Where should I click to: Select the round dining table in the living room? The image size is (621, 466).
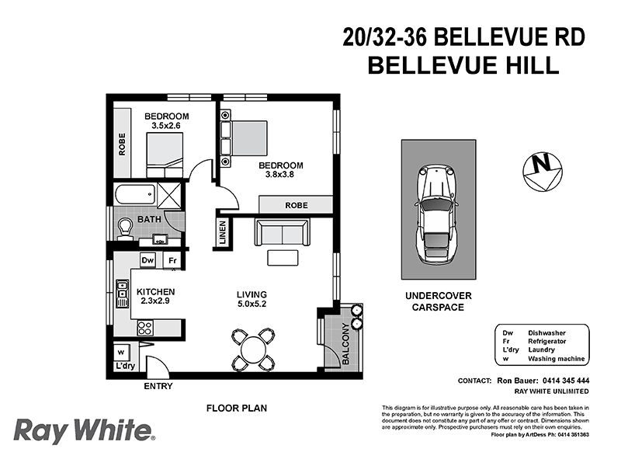click(253, 350)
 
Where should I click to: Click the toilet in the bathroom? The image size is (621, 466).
click(126, 228)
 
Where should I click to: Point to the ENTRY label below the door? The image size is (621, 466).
click(158, 386)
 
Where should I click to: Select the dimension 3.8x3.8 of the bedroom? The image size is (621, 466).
click(281, 175)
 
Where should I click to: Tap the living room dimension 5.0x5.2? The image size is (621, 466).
click(252, 304)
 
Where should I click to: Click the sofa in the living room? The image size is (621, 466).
click(281, 232)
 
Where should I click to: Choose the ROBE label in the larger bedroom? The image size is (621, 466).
click(296, 205)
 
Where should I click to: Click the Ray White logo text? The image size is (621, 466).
click(84, 430)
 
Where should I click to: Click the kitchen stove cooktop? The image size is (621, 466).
click(145, 328)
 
